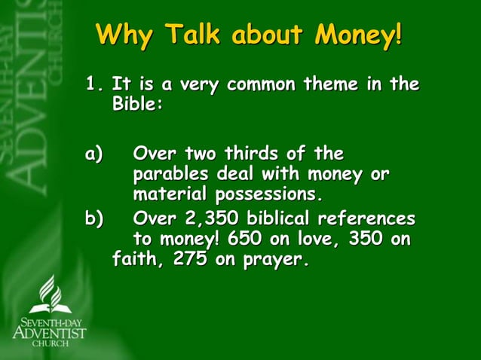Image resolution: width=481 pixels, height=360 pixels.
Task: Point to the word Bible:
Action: click(x=137, y=104)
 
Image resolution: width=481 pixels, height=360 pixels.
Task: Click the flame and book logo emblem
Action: click(x=50, y=294)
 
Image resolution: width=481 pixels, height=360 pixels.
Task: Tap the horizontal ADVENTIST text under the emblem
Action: click(x=50, y=332)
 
